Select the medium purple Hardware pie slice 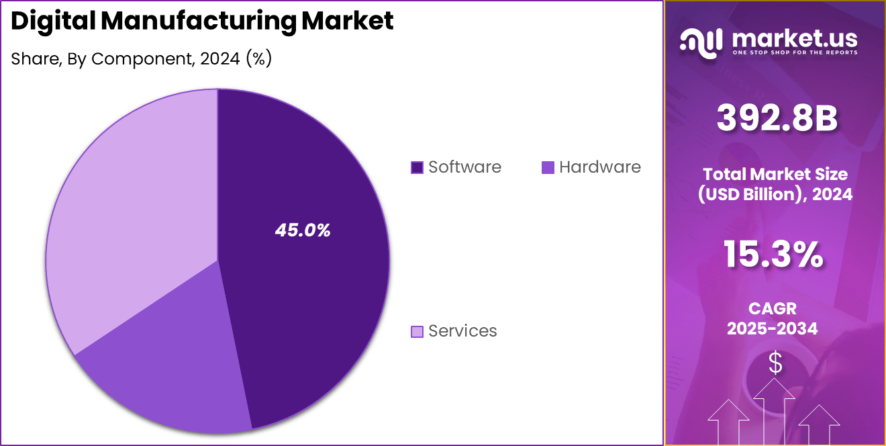(x=168, y=376)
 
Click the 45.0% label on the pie (x=303, y=230)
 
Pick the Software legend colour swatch (x=417, y=167)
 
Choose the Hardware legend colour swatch (x=548, y=167)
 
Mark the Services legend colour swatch (x=417, y=331)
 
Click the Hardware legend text (x=599, y=167)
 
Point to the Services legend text (x=462, y=330)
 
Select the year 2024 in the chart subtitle (x=219, y=58)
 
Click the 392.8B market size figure (x=777, y=118)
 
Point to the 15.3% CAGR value (x=773, y=255)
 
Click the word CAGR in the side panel (x=774, y=308)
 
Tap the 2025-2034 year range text (x=774, y=328)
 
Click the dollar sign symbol (x=775, y=363)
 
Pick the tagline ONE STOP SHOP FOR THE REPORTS (x=795, y=52)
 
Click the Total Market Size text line (x=775, y=174)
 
